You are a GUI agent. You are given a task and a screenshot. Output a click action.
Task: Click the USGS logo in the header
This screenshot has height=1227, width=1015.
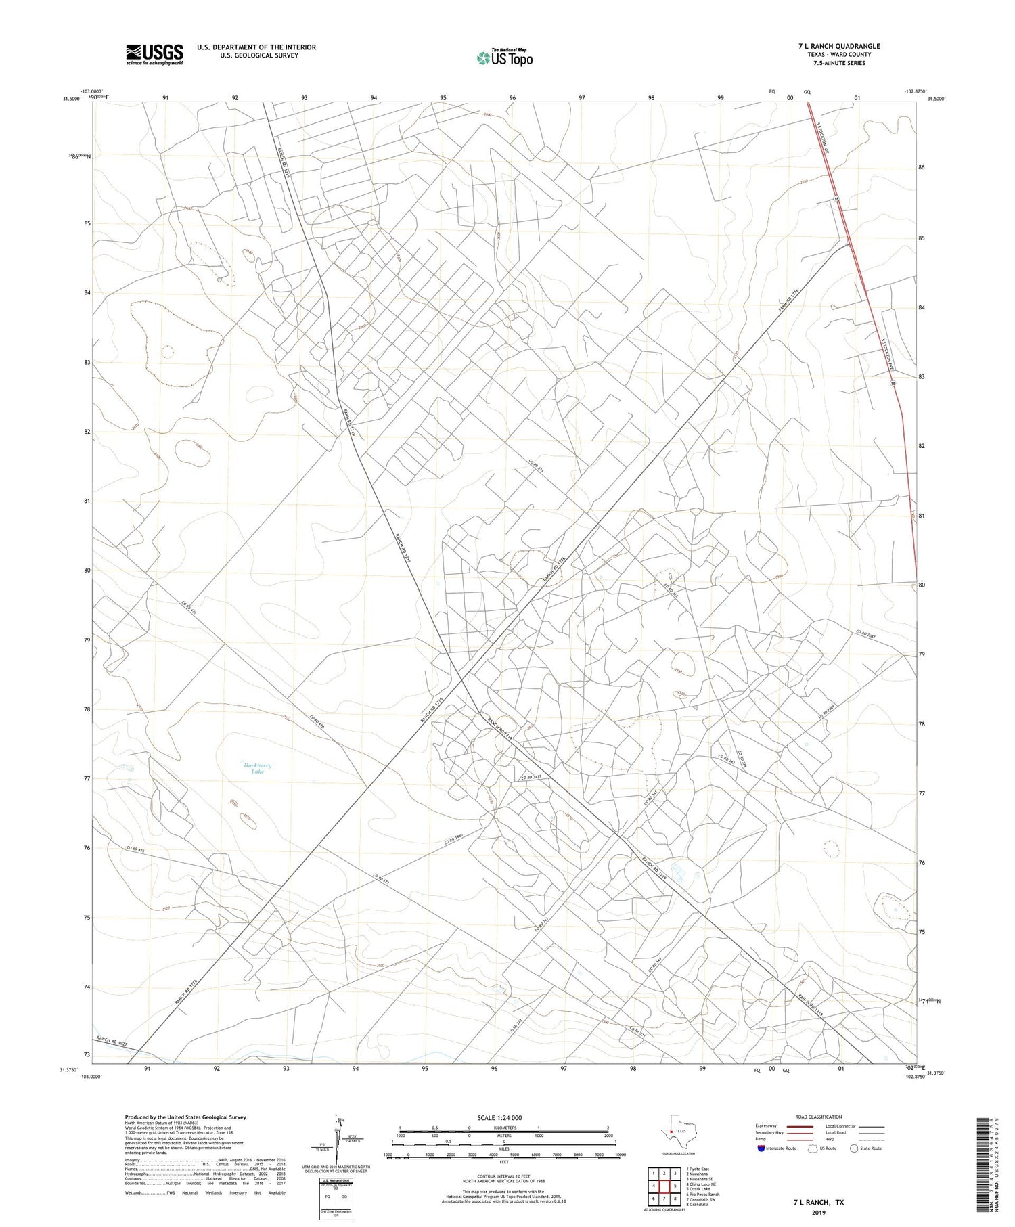(154, 54)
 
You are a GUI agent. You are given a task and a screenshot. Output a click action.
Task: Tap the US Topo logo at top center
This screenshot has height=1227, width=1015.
(504, 58)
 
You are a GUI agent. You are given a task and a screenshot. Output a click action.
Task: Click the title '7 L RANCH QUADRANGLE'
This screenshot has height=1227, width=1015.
(839, 46)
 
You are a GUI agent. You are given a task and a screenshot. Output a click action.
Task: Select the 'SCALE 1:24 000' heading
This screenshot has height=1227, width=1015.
(499, 1117)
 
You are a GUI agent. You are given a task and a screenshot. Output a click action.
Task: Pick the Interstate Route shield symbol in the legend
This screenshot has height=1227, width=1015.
(761, 1148)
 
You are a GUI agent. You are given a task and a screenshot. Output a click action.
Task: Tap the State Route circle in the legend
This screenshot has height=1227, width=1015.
(854, 1148)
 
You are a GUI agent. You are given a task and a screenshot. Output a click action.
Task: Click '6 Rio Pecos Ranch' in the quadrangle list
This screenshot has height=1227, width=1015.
(702, 1195)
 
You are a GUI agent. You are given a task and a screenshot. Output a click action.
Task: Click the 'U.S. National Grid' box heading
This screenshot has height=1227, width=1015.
(336, 1180)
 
